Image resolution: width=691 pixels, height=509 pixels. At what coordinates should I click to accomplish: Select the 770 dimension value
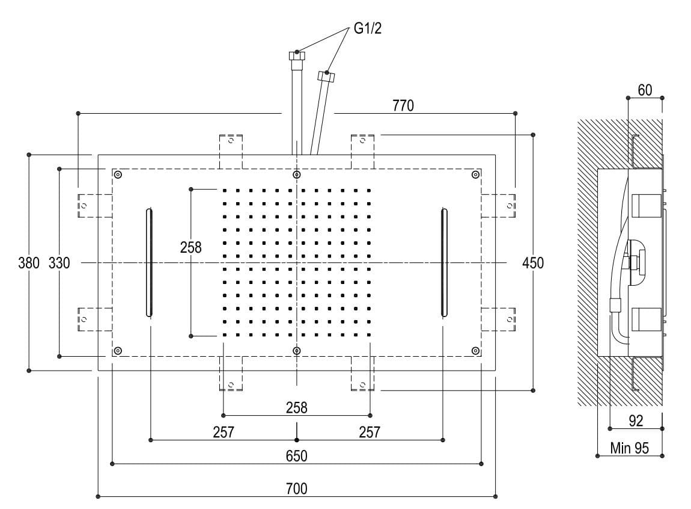click(x=403, y=106)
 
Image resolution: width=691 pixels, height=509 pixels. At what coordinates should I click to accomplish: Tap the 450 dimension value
click(x=533, y=263)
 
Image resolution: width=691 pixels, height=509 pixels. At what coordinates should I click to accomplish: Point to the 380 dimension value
click(x=29, y=263)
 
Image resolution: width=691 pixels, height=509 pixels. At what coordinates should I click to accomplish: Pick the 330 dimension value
click(x=59, y=263)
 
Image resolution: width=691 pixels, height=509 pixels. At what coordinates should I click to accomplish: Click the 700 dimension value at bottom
click(x=296, y=488)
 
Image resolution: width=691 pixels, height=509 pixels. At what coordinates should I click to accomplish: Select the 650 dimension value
click(x=296, y=455)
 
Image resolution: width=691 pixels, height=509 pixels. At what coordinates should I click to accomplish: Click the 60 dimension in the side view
click(x=645, y=90)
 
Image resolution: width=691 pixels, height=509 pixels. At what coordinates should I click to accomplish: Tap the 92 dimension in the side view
click(x=636, y=421)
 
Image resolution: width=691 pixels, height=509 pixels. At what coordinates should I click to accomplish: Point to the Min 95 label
click(x=629, y=448)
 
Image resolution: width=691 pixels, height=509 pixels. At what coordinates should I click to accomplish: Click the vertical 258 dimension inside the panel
click(x=190, y=247)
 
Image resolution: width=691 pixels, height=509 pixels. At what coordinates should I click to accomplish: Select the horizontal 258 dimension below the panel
click(x=296, y=407)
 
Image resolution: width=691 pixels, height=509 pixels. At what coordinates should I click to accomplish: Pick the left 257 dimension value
click(x=224, y=432)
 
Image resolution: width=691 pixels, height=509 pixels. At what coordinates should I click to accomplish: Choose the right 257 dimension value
click(x=369, y=432)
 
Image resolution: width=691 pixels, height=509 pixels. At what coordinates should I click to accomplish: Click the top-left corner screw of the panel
click(x=118, y=175)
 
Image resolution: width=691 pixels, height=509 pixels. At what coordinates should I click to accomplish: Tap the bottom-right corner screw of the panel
click(x=475, y=351)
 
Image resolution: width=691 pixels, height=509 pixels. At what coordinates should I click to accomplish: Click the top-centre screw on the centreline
click(x=297, y=174)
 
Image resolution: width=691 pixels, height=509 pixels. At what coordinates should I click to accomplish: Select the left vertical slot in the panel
click(x=149, y=262)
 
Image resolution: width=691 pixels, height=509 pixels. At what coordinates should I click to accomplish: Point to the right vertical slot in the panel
click(x=443, y=262)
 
